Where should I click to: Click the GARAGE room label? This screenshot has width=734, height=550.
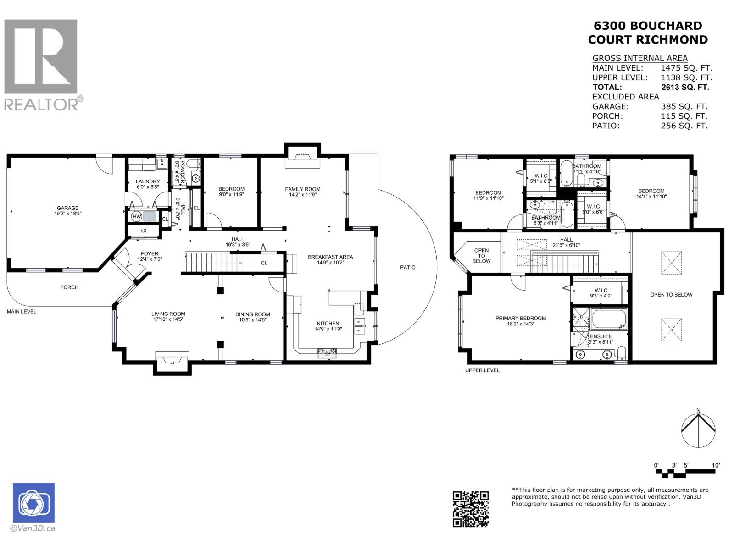[67, 208]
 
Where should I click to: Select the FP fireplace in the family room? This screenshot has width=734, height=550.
[302, 156]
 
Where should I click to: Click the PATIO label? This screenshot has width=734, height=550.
[407, 267]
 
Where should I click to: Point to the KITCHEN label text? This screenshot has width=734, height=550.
[328, 323]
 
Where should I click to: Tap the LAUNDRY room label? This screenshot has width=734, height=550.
[148, 181]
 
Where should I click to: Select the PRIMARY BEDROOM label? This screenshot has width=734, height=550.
[520, 318]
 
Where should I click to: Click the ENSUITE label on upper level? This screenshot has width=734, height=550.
[601, 336]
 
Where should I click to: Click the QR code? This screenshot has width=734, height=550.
[471, 509]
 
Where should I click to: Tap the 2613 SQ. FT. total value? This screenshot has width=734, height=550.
[685, 87]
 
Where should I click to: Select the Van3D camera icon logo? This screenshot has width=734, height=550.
[33, 502]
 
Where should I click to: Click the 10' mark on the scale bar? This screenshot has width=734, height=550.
[715, 465]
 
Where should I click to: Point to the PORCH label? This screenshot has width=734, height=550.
[69, 287]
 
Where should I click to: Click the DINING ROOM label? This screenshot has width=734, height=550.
[253, 314]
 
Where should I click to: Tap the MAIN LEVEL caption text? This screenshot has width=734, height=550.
[22, 311]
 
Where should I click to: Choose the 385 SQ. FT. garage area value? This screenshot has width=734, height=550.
[684, 106]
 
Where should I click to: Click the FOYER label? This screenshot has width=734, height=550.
[150, 253]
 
